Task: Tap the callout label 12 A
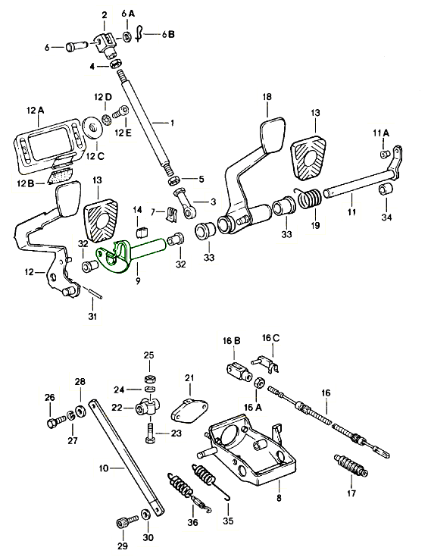pos(35,111)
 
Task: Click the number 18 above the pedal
pos(267,97)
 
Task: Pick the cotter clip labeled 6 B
pos(139,35)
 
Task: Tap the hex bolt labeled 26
pos(55,421)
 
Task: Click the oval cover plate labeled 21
pos(189,411)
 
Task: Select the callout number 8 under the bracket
pos(279,497)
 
